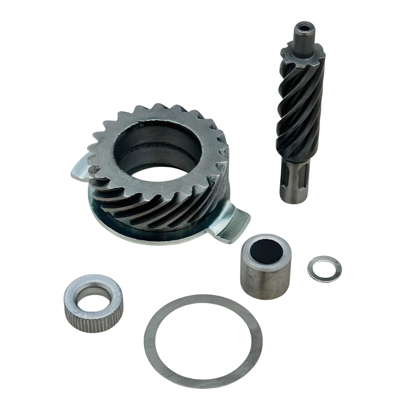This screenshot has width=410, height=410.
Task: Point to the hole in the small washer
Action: [x=325, y=268]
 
